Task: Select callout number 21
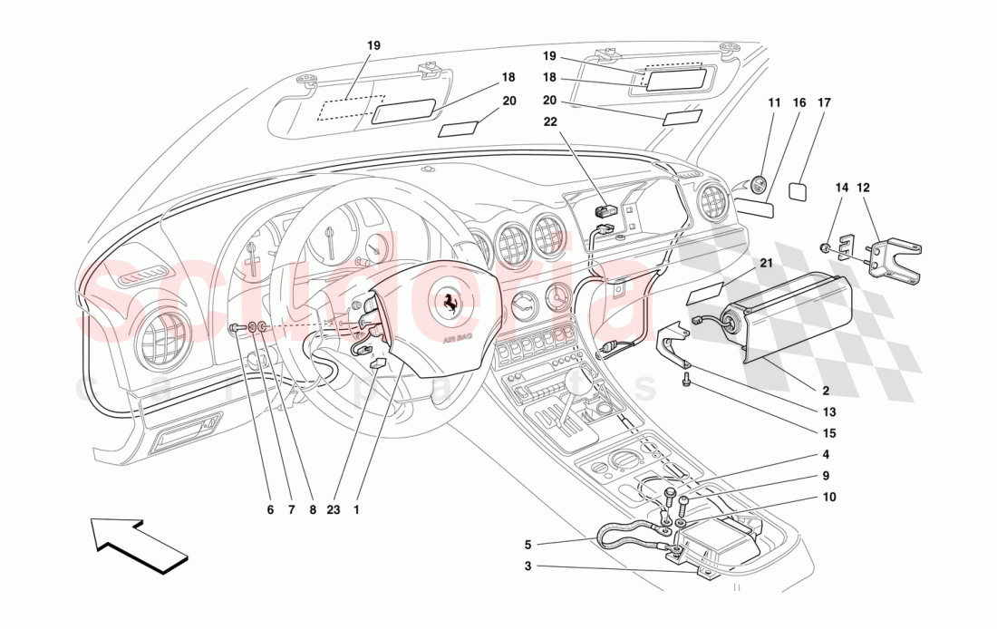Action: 766,263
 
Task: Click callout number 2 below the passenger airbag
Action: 826,392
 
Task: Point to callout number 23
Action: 334,509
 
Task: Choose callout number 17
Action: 824,103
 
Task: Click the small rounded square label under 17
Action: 799,191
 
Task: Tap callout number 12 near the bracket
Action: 863,188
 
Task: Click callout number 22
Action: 551,121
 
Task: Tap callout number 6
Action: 270,509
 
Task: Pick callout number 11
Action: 773,103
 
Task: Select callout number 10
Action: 830,497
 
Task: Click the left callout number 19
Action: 373,44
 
